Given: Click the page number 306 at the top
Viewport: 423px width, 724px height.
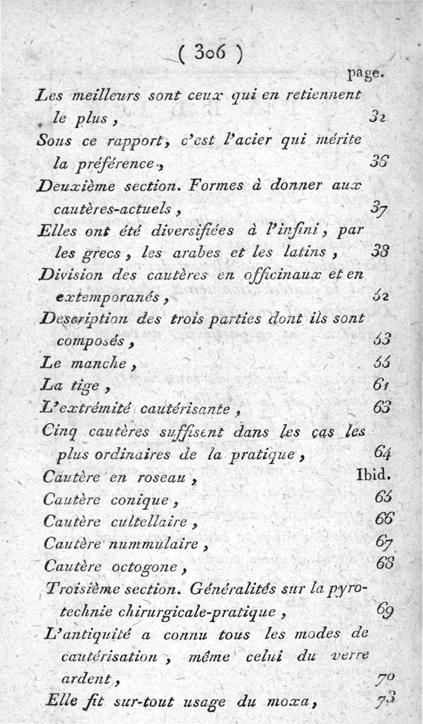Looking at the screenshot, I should [x=210, y=53].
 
